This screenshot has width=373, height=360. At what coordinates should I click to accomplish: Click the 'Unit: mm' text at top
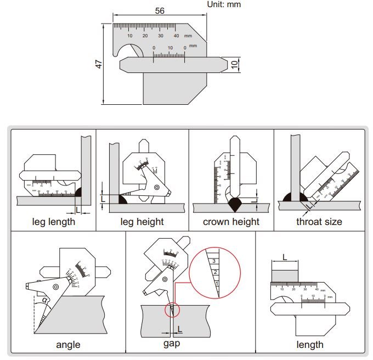(x=223, y=4)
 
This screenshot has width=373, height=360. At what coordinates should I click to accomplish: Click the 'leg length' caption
(x=54, y=222)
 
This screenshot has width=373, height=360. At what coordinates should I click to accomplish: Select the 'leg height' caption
(x=142, y=222)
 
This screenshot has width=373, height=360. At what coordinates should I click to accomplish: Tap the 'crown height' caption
(x=231, y=222)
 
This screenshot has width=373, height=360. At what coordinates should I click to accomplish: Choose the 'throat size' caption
(x=319, y=222)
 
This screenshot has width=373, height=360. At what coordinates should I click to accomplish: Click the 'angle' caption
(x=68, y=345)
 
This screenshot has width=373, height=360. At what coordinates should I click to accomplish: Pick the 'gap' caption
(x=172, y=344)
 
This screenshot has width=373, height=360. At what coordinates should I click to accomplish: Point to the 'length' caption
(x=310, y=345)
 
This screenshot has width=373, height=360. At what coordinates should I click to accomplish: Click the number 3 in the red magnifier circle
(x=213, y=261)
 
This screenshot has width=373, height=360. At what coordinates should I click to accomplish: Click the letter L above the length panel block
(x=284, y=257)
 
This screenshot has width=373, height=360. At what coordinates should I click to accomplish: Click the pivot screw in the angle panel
(x=55, y=288)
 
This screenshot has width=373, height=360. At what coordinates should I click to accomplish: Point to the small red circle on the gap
(x=172, y=310)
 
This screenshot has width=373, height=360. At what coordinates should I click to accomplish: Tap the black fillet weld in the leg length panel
(x=78, y=193)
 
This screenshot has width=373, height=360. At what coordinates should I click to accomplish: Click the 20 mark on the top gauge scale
(x=145, y=35)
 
